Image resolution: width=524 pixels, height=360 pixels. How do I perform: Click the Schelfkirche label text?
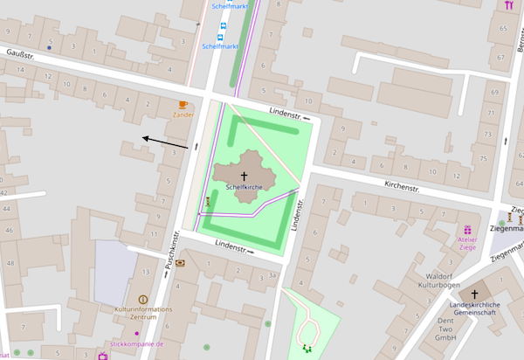(x=244, y=187)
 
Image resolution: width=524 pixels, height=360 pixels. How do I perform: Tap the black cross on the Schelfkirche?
(x=244, y=176)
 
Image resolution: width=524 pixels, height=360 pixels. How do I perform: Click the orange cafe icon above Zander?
(x=183, y=105)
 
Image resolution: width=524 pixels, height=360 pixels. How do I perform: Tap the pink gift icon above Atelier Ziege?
(x=467, y=228)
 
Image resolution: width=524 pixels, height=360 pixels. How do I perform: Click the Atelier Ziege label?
(x=467, y=242)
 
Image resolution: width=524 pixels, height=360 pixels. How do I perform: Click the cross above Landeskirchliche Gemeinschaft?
(x=475, y=294)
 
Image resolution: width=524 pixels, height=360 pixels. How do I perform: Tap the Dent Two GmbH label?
(x=446, y=329)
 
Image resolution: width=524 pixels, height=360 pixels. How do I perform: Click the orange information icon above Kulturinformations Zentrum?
(x=143, y=300)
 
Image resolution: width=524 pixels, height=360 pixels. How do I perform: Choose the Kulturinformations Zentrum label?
(x=143, y=313)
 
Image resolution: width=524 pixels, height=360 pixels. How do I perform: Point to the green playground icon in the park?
(x=307, y=348)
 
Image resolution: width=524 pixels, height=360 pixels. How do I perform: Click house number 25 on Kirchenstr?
(x=483, y=157)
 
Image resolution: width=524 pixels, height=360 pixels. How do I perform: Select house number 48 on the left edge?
(x=10, y=263)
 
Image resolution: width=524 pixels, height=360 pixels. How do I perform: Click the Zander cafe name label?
(x=183, y=114)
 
